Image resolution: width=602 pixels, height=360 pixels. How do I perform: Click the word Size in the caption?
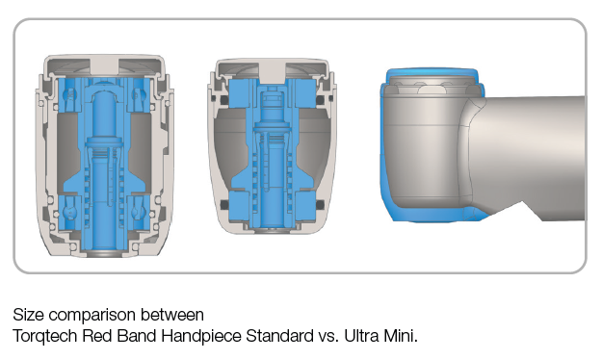point(28,315)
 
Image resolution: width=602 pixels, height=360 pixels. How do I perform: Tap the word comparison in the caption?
point(92,316)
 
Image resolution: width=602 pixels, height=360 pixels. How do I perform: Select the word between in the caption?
point(172,315)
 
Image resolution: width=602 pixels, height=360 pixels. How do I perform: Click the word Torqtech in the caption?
point(45,336)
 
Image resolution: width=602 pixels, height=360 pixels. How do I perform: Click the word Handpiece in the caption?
point(200,337)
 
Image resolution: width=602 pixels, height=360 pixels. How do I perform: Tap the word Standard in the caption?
point(279,336)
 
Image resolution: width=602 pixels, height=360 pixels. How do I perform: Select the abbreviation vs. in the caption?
point(328,337)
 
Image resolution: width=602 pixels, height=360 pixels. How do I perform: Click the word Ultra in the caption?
point(361,336)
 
